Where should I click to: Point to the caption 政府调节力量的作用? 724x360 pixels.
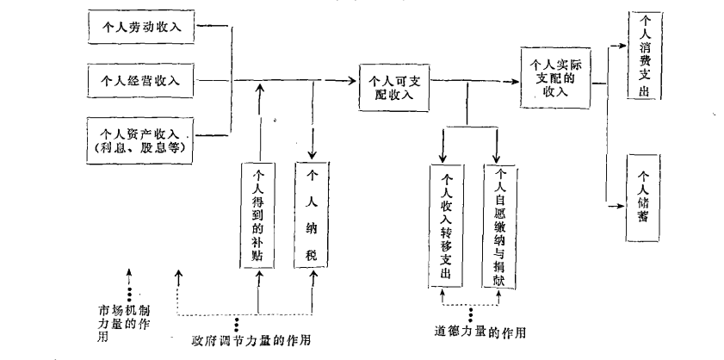251,341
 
